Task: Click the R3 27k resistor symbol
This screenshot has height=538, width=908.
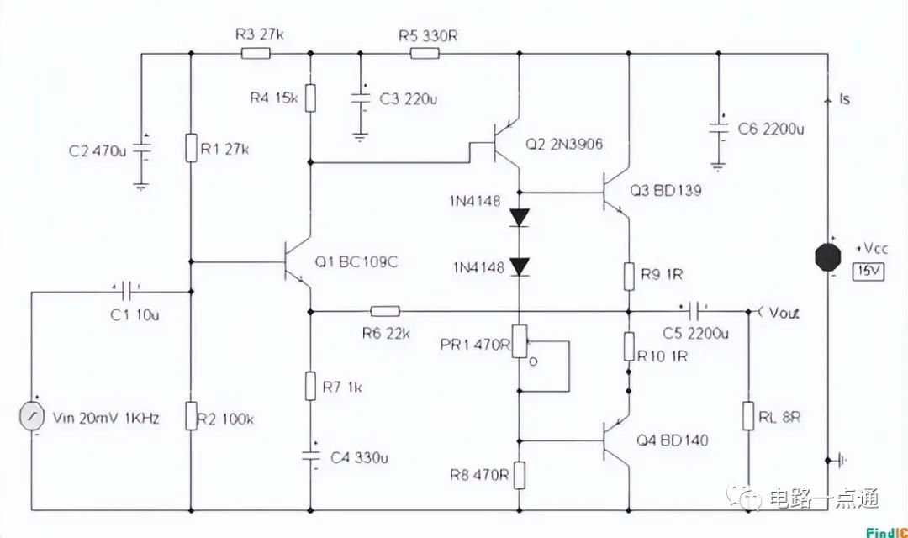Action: click(x=256, y=54)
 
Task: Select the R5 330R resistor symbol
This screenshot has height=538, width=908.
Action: click(x=425, y=54)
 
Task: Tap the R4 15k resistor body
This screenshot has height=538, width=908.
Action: click(x=310, y=98)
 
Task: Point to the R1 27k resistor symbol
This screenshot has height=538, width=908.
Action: click(x=191, y=148)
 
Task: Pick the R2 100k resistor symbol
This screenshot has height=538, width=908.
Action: click(x=191, y=416)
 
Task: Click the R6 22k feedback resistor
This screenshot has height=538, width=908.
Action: click(x=385, y=312)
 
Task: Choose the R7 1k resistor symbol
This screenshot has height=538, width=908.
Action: click(x=310, y=386)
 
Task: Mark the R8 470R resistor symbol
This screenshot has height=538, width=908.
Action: click(x=520, y=476)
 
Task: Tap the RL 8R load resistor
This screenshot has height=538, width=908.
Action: click(x=748, y=416)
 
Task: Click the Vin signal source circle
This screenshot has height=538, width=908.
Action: click(x=32, y=417)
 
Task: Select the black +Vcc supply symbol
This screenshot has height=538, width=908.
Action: click(x=828, y=257)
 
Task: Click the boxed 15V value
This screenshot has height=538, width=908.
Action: click(x=868, y=271)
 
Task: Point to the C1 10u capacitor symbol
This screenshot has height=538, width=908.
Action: click(x=129, y=292)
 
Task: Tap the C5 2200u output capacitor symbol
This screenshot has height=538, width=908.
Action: click(x=695, y=312)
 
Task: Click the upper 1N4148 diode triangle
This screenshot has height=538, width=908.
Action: click(x=520, y=218)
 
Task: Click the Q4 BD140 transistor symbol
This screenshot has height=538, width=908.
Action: click(x=615, y=440)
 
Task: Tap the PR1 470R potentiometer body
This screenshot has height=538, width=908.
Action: click(x=520, y=341)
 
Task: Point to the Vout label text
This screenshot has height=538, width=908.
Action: click(x=784, y=313)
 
